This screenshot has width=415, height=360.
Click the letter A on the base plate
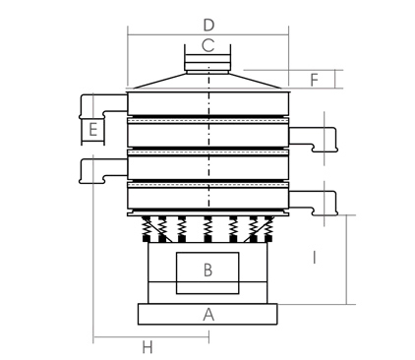207,315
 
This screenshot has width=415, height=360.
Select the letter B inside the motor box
207,270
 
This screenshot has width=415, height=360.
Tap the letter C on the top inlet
207,45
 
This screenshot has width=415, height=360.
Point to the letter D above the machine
207,23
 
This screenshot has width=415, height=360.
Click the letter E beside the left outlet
91,129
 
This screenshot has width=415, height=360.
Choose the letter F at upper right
314,79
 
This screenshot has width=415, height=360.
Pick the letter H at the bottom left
148,347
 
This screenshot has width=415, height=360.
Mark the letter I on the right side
314,258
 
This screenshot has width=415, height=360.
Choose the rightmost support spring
267,228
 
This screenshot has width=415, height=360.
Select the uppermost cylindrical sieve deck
207,104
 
